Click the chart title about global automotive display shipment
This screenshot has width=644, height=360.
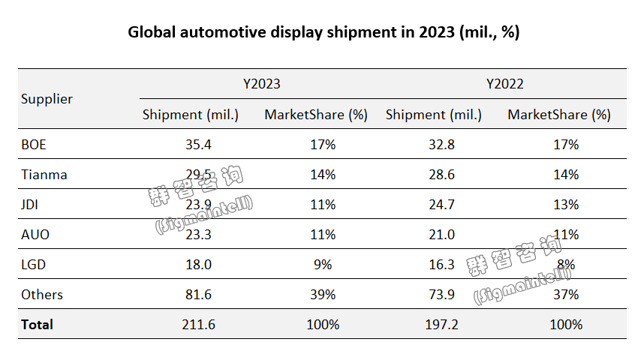[x=324, y=32]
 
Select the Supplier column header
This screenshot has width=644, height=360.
[x=47, y=99]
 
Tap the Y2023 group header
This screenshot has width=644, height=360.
[x=261, y=84]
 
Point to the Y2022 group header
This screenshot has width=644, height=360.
[x=504, y=84]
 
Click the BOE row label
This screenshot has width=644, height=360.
[x=35, y=145]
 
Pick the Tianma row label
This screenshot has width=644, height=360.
[x=44, y=175]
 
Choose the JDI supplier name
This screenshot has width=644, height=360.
[x=32, y=205]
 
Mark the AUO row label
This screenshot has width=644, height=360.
[x=35, y=235]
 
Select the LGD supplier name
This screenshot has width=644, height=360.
[x=34, y=265]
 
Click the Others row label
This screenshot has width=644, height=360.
[x=42, y=295]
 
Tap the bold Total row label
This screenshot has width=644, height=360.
[x=38, y=325]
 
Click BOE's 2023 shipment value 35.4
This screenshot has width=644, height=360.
[x=198, y=145]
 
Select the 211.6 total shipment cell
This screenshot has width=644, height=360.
[x=198, y=325]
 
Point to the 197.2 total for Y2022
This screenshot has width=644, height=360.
[x=441, y=325]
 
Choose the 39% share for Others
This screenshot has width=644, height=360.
[x=324, y=295]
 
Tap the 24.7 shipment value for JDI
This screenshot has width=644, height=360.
[x=441, y=205]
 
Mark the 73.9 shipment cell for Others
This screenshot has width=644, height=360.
[x=441, y=295]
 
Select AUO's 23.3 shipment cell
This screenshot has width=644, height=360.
[x=198, y=235]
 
